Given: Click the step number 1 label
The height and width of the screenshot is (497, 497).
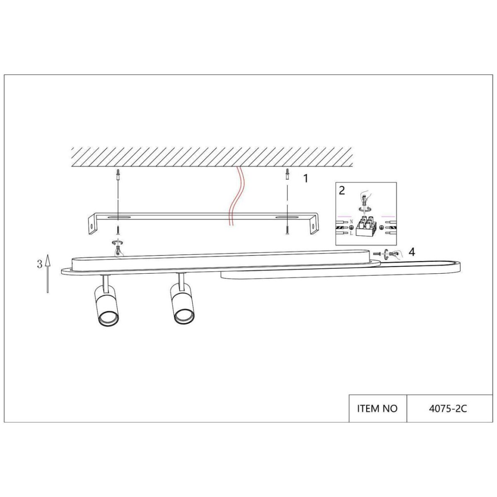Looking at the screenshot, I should click(306, 179).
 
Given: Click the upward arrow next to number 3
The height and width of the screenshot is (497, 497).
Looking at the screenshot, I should click(48, 273).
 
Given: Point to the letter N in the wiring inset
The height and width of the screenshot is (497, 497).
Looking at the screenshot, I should click(351, 222).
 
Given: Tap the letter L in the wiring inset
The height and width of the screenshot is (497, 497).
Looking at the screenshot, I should click(351, 234).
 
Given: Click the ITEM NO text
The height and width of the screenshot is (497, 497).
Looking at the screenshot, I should click(377, 408).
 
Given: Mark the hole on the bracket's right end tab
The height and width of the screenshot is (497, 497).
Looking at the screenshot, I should click(314, 226).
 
